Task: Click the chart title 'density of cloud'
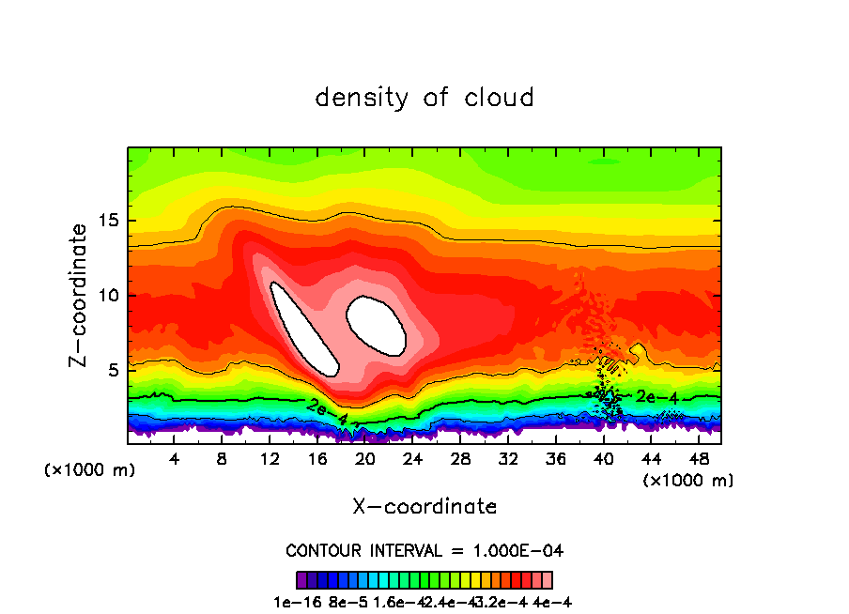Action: point(424,98)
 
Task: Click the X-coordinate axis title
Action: point(424,506)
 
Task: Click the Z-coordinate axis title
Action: point(81,295)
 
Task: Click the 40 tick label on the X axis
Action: point(602,459)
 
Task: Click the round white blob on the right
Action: point(377,325)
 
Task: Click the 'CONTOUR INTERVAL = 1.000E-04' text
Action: point(424,550)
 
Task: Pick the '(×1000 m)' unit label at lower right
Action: point(688,481)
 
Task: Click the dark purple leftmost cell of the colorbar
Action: point(301,580)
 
